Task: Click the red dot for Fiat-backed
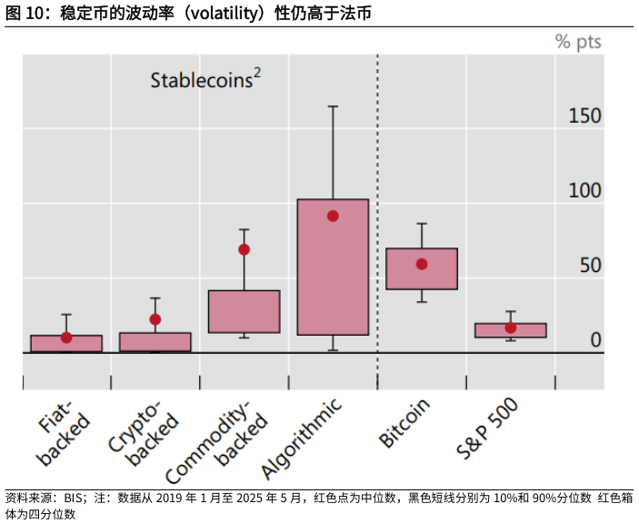pos(66,338)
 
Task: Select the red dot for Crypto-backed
pos(155,319)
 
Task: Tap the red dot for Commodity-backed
pos(244,249)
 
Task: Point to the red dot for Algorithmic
pos(333,216)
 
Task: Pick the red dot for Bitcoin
pos(422,264)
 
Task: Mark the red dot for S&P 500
pos(511,327)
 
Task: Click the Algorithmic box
pos(333,267)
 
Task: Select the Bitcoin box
pos(422,268)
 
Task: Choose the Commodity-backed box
pos(244,311)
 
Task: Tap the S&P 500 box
pos(511,330)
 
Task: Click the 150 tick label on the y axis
pos(584,116)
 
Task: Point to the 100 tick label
pos(584,191)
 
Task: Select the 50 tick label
pos(590,266)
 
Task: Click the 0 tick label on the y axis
pos(595,340)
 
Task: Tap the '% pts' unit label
pos(578,43)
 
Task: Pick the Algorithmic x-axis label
pos(303,438)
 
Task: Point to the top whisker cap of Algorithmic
pos(333,106)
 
